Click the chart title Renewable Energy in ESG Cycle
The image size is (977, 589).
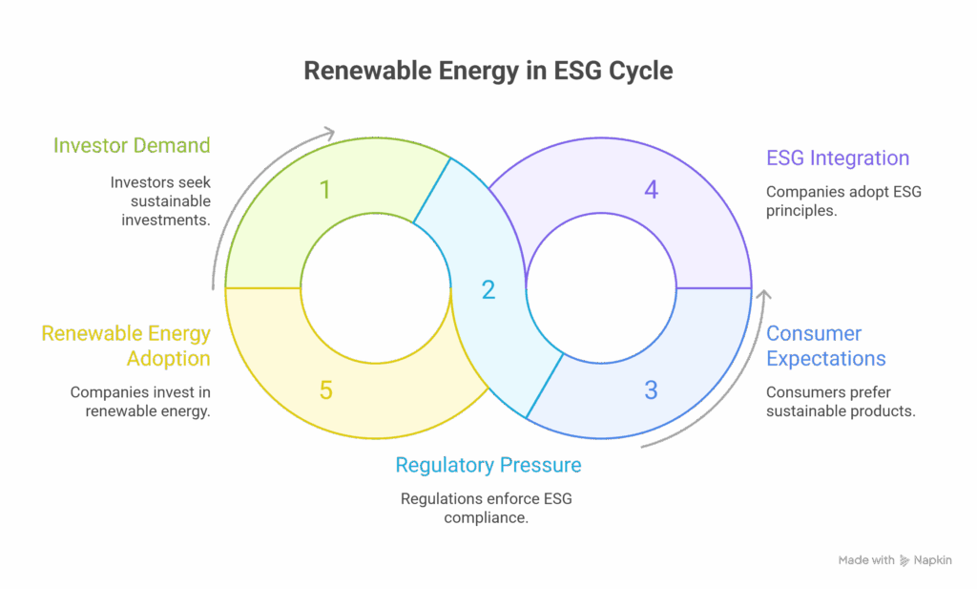(488, 72)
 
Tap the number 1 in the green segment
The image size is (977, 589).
(325, 190)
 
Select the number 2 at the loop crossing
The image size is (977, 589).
(488, 290)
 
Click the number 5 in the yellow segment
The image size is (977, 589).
(325, 389)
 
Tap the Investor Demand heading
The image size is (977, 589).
(132, 146)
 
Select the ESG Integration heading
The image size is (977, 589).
(838, 158)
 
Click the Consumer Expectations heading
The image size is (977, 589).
(826, 346)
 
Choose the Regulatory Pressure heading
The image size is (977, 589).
(488, 466)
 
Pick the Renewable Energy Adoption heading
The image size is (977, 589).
(126, 346)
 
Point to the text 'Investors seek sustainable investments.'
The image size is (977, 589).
(160, 200)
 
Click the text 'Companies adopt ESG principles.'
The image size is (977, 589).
(843, 201)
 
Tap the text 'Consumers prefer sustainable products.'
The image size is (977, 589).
(841, 401)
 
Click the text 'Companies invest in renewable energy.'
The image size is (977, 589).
(141, 401)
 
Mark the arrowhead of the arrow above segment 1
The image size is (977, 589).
(332, 132)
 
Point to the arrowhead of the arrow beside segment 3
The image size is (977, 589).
(760, 297)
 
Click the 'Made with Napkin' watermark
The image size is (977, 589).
(894, 560)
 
